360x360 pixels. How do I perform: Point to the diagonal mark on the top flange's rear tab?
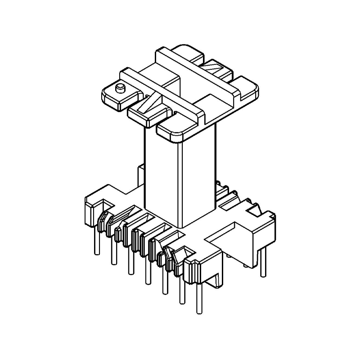211,69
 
